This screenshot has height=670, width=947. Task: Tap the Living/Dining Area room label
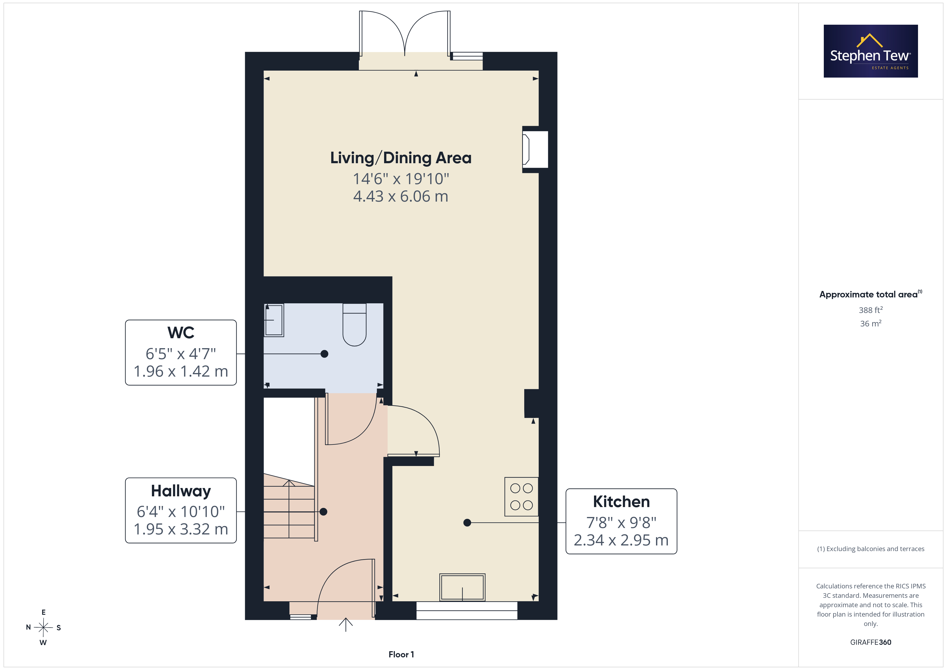click(x=400, y=158)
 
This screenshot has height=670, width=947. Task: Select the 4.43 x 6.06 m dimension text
click(x=400, y=196)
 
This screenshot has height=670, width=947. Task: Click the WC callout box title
click(x=181, y=333)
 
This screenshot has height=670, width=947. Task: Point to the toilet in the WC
click(x=354, y=325)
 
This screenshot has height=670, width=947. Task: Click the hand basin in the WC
click(x=274, y=320)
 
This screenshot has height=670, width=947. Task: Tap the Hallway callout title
click(x=181, y=491)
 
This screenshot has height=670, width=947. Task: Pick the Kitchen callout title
click(x=621, y=502)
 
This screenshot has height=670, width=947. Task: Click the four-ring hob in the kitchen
click(x=521, y=497)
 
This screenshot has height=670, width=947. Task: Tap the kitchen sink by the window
click(x=462, y=587)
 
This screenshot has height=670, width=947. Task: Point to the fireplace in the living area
click(x=535, y=149)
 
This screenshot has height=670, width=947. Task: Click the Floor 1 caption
click(x=401, y=654)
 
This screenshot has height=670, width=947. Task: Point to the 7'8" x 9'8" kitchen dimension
click(x=621, y=523)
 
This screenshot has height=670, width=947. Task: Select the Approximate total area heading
click(x=870, y=294)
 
